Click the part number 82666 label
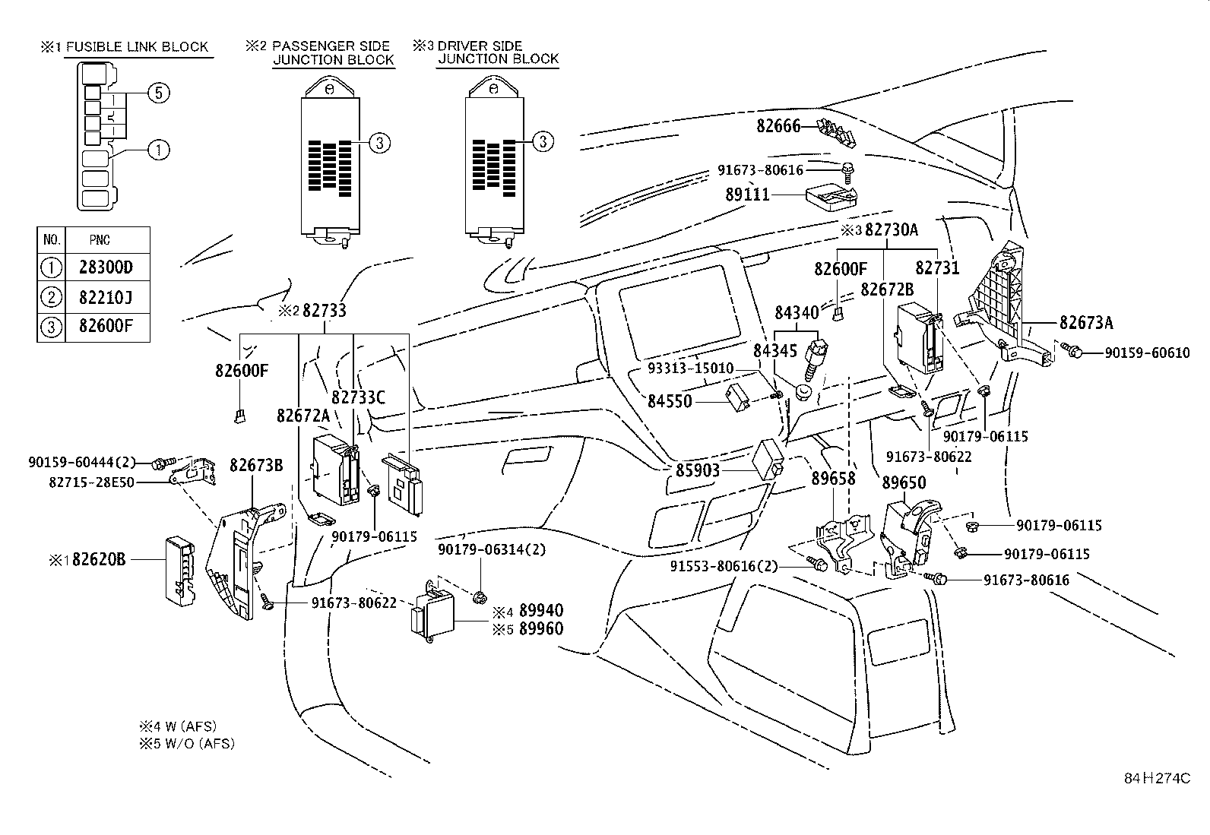pos(778,126)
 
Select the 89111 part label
pos(747,195)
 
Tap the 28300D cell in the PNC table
pos(105,267)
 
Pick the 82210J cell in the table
pos(105,297)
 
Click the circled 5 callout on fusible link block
pos(157,93)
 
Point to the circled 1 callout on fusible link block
pos(157,150)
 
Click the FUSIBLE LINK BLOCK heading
pos(136,47)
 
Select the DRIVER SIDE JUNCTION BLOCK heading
pos(498,52)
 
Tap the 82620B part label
pos(98,559)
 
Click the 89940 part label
pos(540,611)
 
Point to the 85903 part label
pos(697,470)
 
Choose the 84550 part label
pos(670,400)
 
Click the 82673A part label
pos(1086,323)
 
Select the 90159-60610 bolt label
pos(1147,353)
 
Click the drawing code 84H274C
pos(1157,779)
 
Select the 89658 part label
pos(833,479)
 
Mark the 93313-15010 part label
pos(690,368)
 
